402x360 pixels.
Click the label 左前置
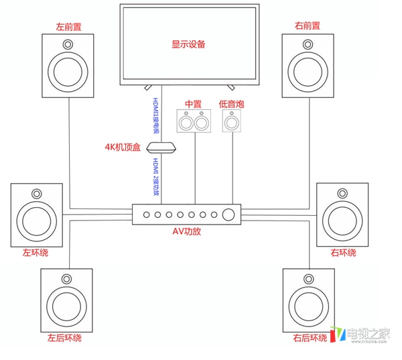pyautogui.click(x=69, y=27)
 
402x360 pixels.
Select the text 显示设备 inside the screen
pyautogui.click(x=188, y=45)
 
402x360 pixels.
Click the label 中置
pyautogui.click(x=193, y=104)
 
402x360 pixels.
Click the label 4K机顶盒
pyautogui.click(x=122, y=147)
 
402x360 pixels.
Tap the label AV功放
pyautogui.click(x=187, y=231)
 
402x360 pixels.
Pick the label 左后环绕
pyautogui.click(x=64, y=338)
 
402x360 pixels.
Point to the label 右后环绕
pyautogui.click(x=309, y=338)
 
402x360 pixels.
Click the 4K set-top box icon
pyautogui.click(x=161, y=148)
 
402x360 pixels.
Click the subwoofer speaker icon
pyautogui.click(x=231, y=121)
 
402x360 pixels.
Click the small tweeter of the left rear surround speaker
pyautogui.click(x=66, y=279)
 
